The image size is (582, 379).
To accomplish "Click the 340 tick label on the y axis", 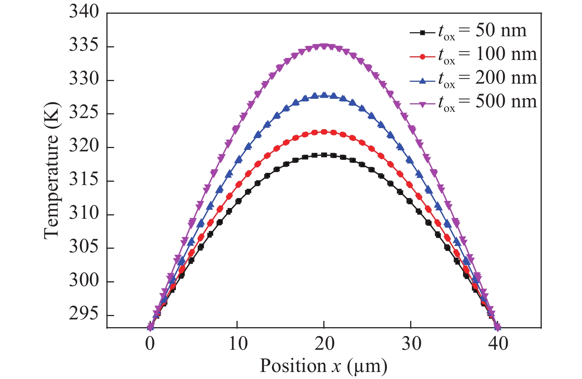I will click(x=84, y=12).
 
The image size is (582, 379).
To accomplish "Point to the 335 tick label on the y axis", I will click(x=84, y=46).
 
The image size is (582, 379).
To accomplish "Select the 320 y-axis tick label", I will click(x=84, y=146).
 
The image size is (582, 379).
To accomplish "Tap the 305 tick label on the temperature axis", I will click(x=84, y=247).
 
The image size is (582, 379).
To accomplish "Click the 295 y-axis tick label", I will click(x=84, y=314).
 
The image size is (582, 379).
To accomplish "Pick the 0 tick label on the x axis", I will click(x=150, y=344).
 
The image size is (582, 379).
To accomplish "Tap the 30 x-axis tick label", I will click(x=411, y=344).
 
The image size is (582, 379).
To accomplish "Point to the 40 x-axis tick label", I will click(x=498, y=344).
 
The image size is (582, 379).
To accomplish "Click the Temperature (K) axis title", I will click(x=52, y=171).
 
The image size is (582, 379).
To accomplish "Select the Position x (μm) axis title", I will click(x=324, y=366).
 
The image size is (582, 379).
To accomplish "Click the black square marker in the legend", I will click(x=422, y=33).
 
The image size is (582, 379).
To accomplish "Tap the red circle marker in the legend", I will click(x=422, y=57).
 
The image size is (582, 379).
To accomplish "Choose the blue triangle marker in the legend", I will click(x=422, y=80).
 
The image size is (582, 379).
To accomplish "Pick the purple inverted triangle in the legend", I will click(x=422, y=104).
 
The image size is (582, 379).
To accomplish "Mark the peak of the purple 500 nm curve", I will click(x=324, y=47).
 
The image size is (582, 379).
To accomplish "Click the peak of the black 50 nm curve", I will click(x=324, y=155).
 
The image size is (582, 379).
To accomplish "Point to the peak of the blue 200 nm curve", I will click(x=324, y=95).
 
